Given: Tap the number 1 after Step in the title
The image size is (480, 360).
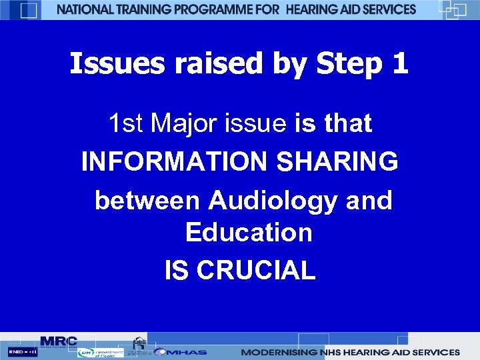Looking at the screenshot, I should [399, 64].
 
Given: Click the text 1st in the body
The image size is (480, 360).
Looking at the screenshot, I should [126, 123].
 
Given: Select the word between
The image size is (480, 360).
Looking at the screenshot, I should [147, 200].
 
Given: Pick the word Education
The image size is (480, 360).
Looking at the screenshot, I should [249, 233].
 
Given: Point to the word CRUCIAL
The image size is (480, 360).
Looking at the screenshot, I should [256, 271].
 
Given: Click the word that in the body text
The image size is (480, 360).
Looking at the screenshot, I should [347, 123].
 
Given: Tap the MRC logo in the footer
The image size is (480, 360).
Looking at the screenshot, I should [59, 341].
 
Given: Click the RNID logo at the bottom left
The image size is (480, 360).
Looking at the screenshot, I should [22, 351].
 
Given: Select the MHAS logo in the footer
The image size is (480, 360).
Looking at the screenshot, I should [181, 352].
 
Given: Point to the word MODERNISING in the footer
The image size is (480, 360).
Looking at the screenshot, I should [278, 352].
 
